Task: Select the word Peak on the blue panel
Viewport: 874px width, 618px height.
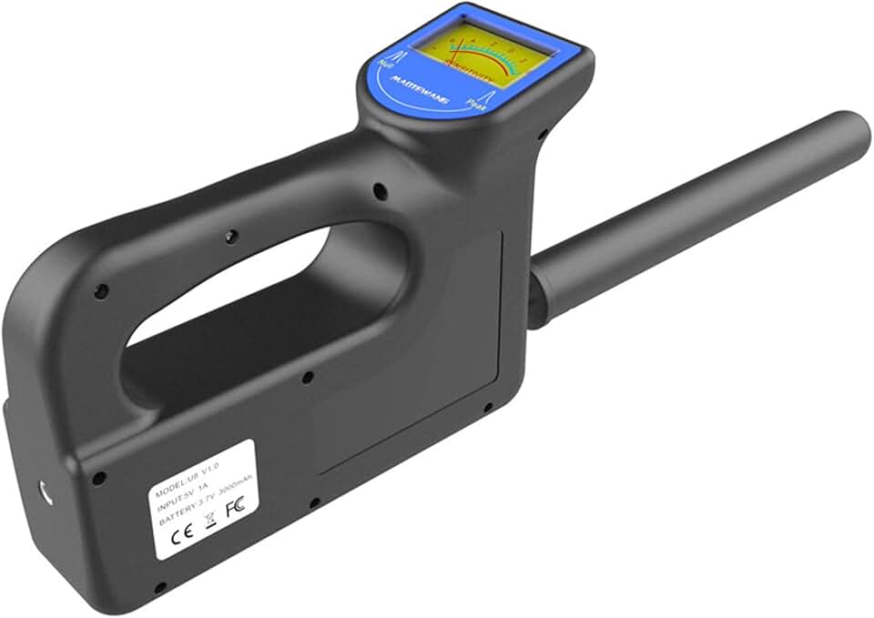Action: coord(475,106)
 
